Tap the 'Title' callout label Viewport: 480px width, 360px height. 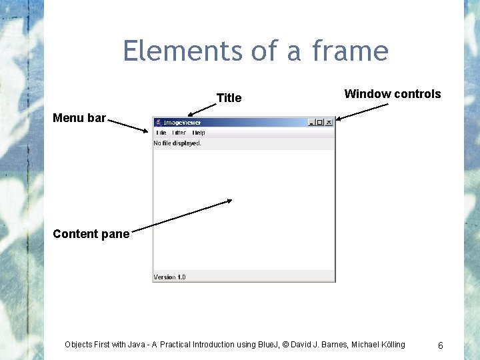(229, 98)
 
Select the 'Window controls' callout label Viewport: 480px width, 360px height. (392, 94)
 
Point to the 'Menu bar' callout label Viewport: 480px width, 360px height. (79, 118)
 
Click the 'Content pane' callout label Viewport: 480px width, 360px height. (91, 234)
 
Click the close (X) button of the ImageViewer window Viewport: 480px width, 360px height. (329, 123)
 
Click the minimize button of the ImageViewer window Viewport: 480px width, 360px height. (311, 123)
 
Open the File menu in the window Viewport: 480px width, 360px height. (161, 133)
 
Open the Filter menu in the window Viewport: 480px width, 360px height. (179, 133)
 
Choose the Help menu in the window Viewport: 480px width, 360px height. (199, 133)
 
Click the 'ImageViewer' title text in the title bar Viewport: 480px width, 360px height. (182, 123)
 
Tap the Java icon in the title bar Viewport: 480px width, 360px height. (158, 123)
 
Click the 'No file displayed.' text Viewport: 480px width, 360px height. (177, 143)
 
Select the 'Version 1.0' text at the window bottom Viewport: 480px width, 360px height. (170, 277)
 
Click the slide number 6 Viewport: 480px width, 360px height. (441, 345)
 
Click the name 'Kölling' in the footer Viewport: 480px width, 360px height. (391, 345)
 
